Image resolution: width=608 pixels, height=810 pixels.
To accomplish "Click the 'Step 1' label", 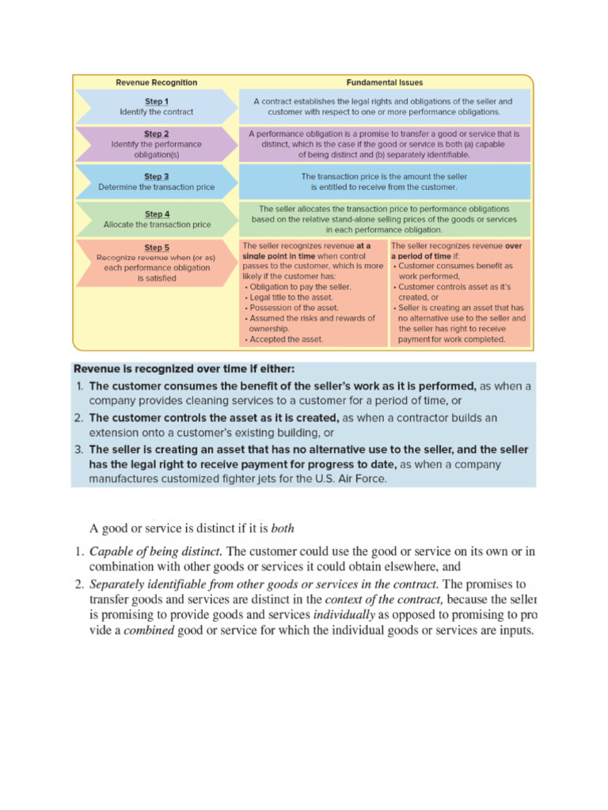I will click(156, 101).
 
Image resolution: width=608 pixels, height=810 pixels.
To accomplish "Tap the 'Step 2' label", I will click(156, 134).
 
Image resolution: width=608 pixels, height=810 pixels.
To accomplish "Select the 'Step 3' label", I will click(156, 176).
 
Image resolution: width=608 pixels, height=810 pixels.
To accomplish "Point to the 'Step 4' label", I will click(157, 214).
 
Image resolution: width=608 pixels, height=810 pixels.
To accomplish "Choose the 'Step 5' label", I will click(156, 248).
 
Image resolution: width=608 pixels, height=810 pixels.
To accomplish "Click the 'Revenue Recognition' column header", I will click(157, 82).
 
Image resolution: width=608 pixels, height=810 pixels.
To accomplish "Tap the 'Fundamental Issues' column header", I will click(384, 82).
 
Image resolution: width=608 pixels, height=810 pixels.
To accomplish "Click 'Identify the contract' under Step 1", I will click(156, 112).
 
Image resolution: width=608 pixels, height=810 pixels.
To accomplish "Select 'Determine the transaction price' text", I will click(156, 187).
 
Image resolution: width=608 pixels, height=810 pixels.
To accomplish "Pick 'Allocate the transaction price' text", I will click(157, 225).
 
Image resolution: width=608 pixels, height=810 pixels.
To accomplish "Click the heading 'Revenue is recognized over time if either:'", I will click(184, 369).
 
